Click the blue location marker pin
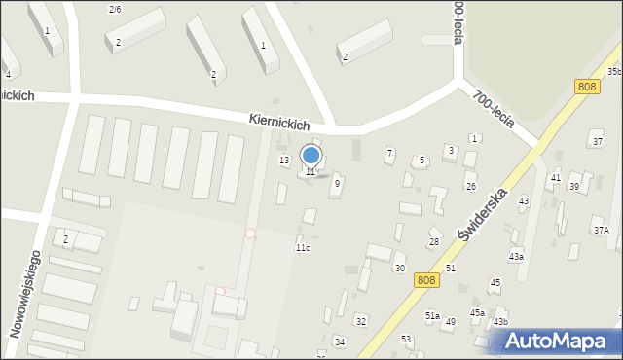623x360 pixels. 311,156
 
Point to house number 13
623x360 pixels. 284,160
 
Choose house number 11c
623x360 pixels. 303,248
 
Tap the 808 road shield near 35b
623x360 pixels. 586,87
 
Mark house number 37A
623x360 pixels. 601,231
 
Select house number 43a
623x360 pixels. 515,256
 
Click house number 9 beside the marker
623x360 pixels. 337,183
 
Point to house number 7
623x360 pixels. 389,153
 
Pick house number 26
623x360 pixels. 470,186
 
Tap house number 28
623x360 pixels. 434,241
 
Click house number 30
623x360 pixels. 399,268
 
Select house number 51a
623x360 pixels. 432,315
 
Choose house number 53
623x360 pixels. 406,339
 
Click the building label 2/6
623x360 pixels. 115,9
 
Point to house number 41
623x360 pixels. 555,177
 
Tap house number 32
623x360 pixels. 360,320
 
